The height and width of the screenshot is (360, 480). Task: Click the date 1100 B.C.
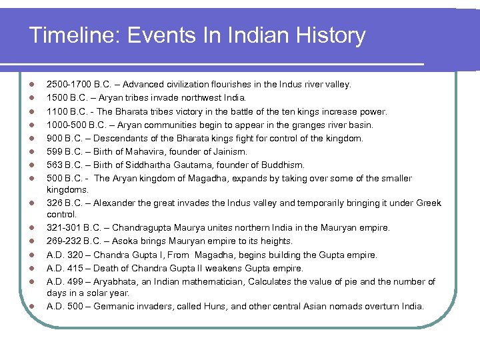pyautogui.click(x=65, y=111)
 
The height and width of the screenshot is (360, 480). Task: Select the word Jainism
pyautogui.click(x=228, y=151)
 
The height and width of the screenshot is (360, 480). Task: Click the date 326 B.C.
pyautogui.click(x=63, y=203)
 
